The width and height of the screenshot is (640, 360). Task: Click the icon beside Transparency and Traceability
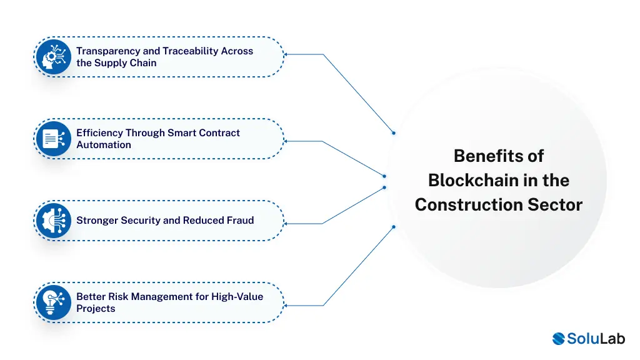pyautogui.click(x=54, y=57)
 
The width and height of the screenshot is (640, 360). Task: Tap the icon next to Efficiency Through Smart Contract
pyautogui.click(x=54, y=139)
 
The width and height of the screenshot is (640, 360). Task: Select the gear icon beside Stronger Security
pyautogui.click(x=54, y=221)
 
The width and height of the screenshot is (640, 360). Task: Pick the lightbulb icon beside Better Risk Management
pyautogui.click(x=54, y=302)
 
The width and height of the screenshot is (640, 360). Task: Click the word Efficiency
pyautogui.click(x=99, y=133)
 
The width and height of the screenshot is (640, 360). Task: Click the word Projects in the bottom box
pyautogui.click(x=96, y=309)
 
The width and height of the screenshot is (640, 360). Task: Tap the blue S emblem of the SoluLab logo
pyautogui.click(x=559, y=339)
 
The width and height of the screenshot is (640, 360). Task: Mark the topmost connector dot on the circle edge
pyautogui.click(x=394, y=132)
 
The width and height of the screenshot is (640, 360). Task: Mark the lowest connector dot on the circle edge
pyautogui.click(x=394, y=227)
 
